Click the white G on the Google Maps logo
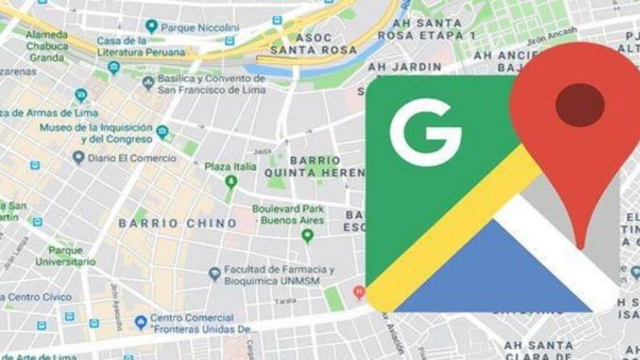tap(424, 133)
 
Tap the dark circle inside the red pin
tap(579, 105)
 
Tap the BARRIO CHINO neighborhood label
tap(177, 223)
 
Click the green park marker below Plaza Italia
tap(231, 182)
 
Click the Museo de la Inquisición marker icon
tap(162, 133)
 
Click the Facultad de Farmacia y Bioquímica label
tap(278, 275)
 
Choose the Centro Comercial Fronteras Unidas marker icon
tap(140, 322)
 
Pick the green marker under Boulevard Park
tap(307, 235)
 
